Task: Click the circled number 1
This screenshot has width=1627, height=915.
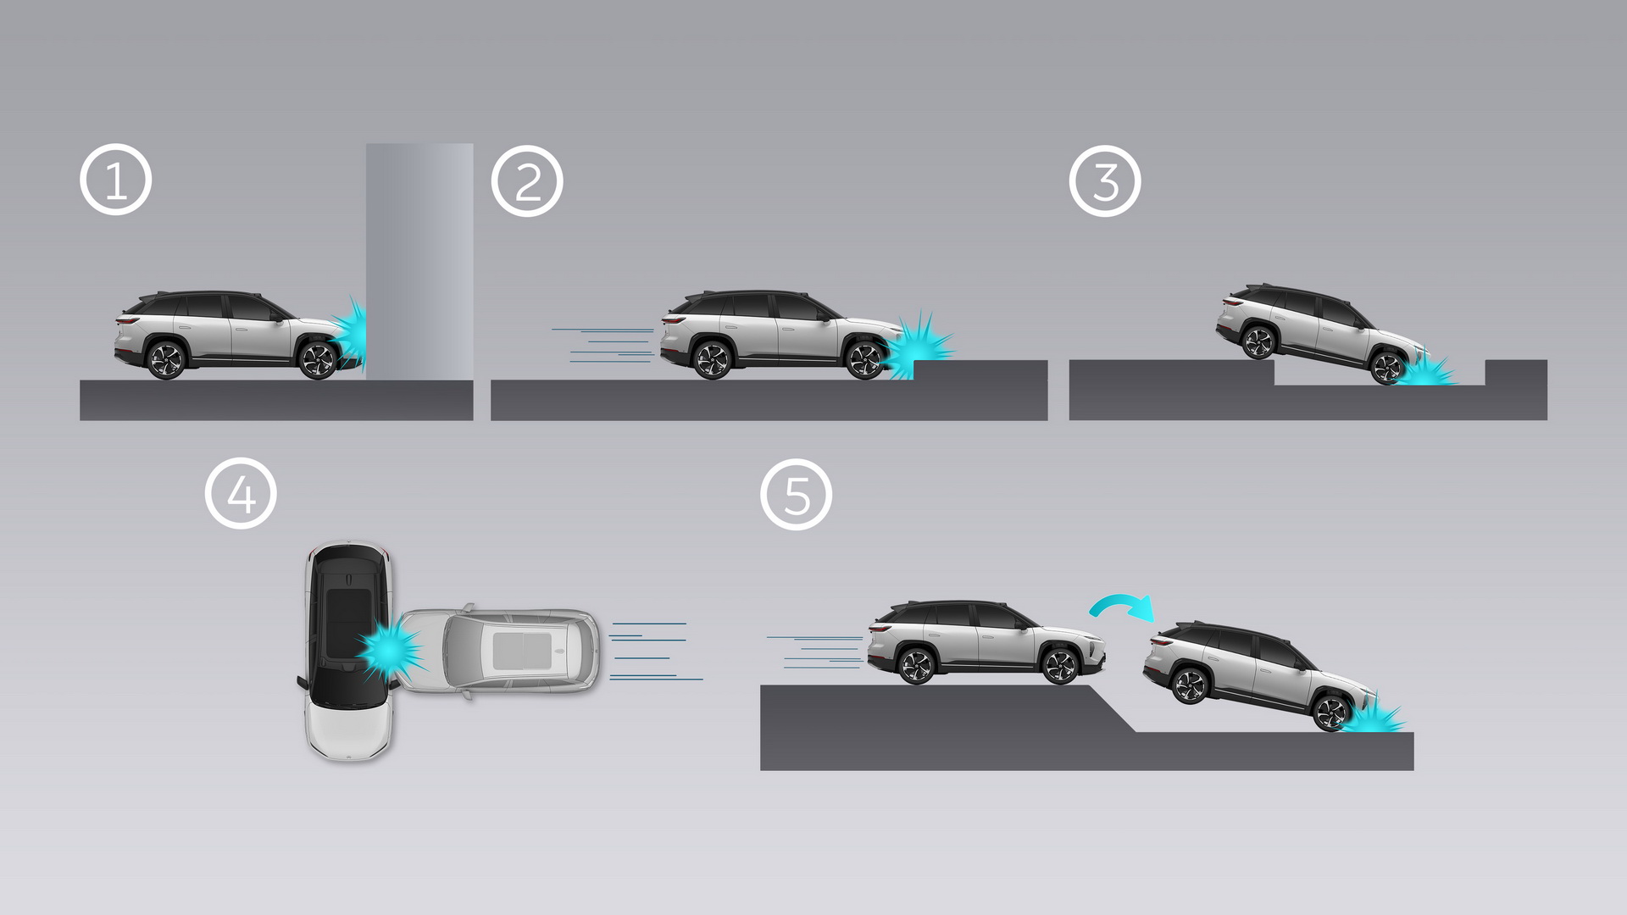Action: (x=115, y=180)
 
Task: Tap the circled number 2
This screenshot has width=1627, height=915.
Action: (x=527, y=181)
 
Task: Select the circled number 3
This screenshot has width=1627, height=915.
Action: (x=1105, y=181)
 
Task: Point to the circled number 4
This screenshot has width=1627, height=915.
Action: (x=241, y=494)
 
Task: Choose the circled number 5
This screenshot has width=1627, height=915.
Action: (x=797, y=495)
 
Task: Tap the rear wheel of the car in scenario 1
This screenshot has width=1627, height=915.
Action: (x=166, y=360)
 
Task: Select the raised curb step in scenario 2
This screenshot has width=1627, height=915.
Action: (x=980, y=370)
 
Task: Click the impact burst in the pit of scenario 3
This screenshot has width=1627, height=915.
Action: (x=1427, y=372)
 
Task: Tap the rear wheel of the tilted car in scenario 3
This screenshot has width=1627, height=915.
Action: (x=1258, y=341)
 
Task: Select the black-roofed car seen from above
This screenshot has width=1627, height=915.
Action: (x=348, y=648)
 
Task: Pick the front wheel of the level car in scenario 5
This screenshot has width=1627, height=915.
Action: (x=1060, y=666)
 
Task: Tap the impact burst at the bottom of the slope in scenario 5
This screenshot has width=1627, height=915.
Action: (x=1371, y=718)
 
